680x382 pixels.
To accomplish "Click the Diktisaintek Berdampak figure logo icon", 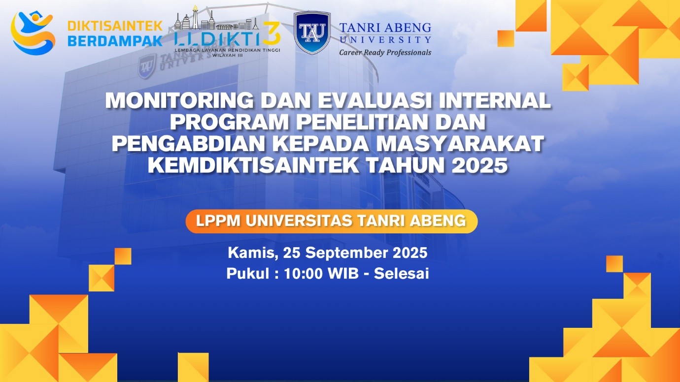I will tap(33, 32).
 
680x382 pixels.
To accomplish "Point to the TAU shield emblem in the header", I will tap(311, 32).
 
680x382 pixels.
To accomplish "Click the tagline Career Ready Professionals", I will tap(385, 52).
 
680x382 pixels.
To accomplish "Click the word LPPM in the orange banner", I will tap(217, 221).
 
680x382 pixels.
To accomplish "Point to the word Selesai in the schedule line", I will tap(402, 274).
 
